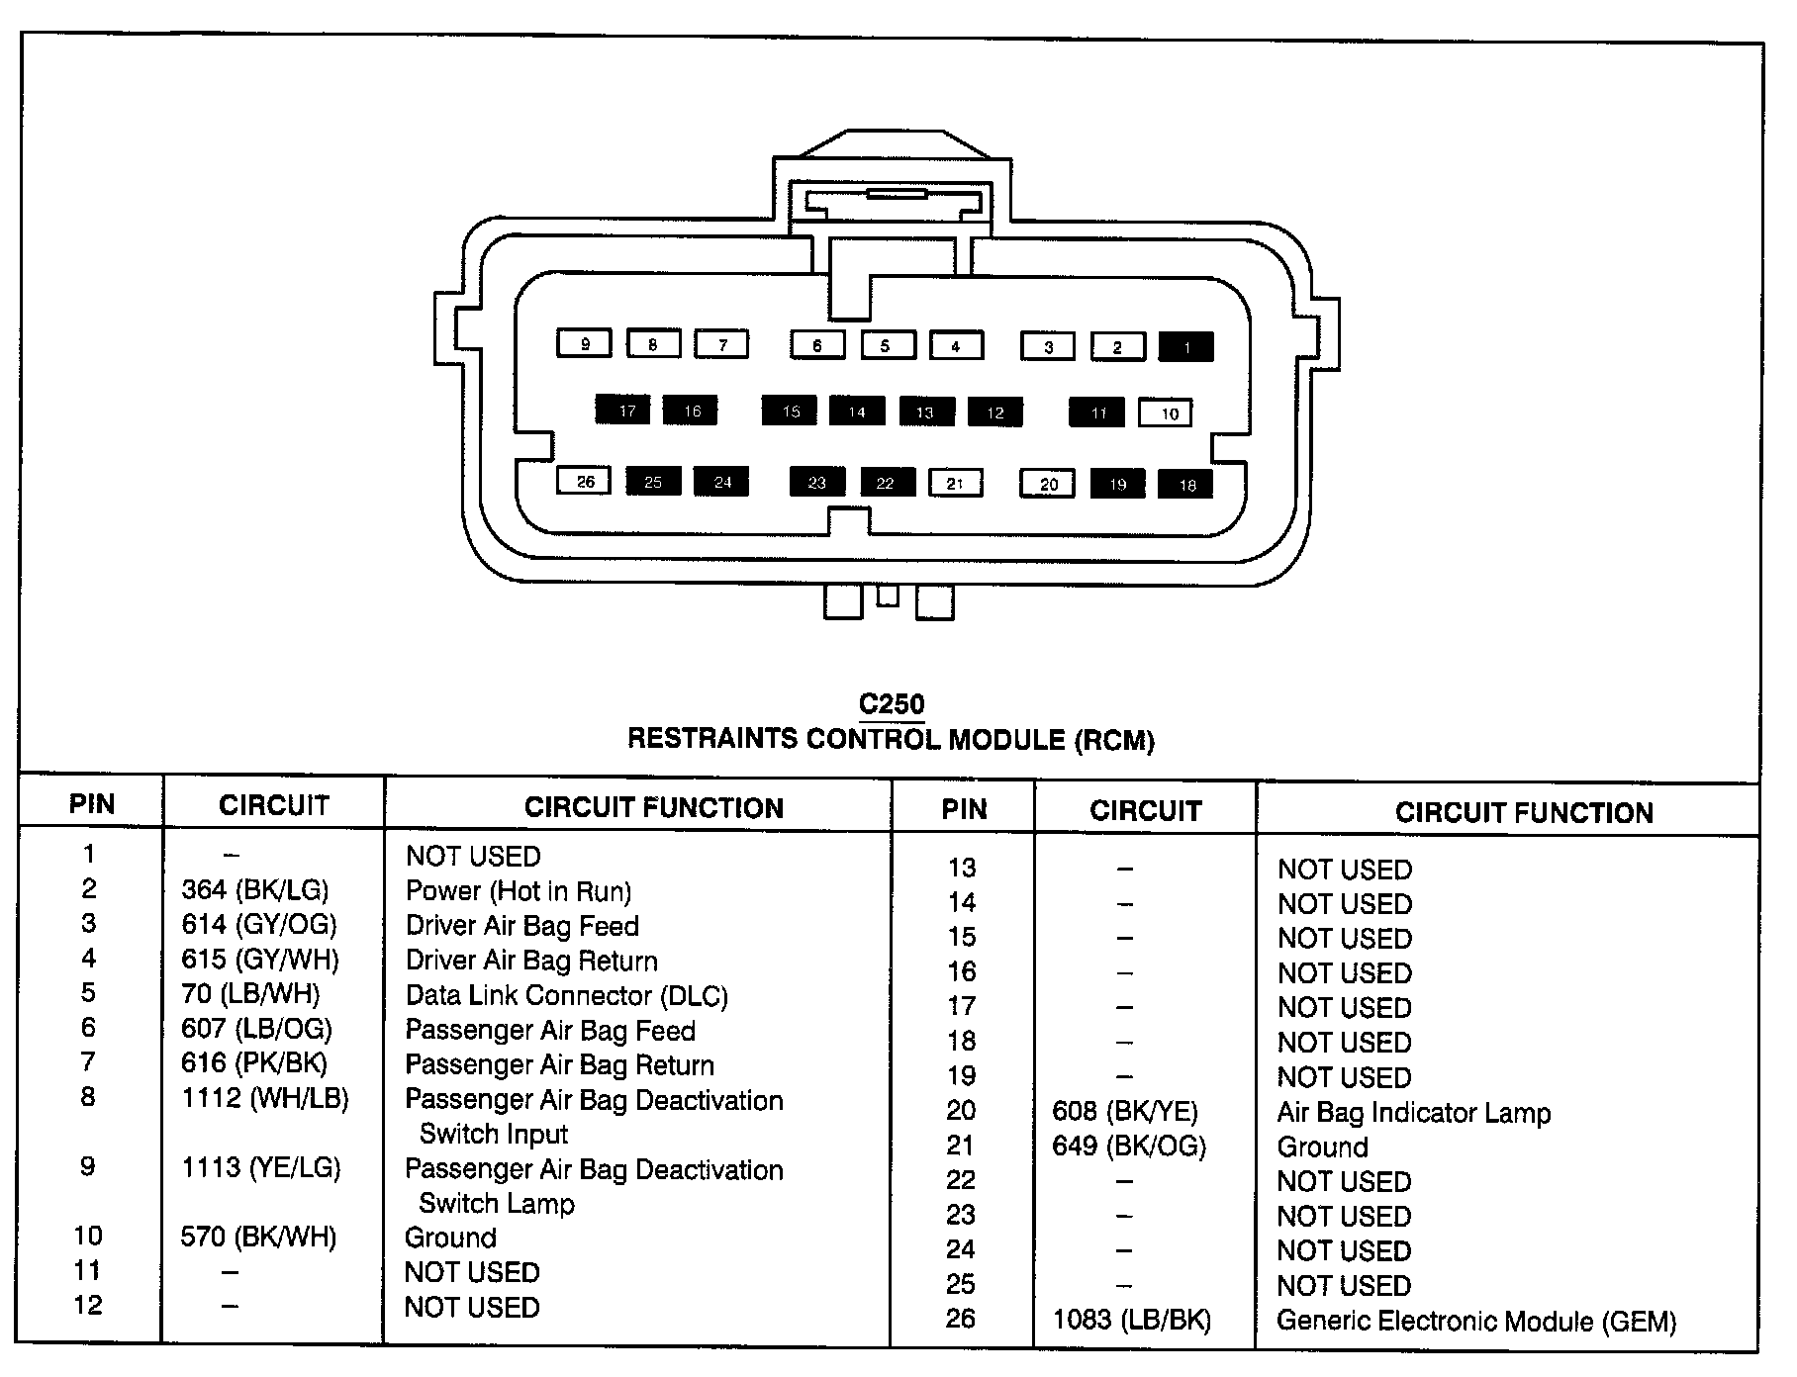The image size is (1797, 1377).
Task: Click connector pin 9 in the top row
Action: [x=585, y=343]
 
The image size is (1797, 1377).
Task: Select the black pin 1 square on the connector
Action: [x=1186, y=346]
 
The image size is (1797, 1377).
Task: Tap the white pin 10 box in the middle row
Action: [x=1166, y=413]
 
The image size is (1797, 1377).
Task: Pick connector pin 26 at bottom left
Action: [x=585, y=481]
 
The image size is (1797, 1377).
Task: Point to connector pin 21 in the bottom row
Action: [x=955, y=483]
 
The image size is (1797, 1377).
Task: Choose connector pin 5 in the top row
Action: [x=887, y=345]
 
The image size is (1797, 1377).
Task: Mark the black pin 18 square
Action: [x=1185, y=485]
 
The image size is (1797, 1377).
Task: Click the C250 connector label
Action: [x=892, y=704]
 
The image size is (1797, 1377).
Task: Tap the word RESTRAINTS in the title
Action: [x=712, y=739]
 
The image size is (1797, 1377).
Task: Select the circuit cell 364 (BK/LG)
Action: [x=255, y=890]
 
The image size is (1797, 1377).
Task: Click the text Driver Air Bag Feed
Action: [x=522, y=926]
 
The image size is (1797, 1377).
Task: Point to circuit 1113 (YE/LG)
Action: [x=261, y=1167]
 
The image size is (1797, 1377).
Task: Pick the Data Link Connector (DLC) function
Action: [x=567, y=995]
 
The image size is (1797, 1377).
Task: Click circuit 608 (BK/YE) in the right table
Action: [x=1125, y=1112]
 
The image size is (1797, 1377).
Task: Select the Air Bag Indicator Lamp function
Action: [x=1414, y=1113]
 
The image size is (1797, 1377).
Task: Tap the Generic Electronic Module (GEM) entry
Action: [x=1476, y=1322]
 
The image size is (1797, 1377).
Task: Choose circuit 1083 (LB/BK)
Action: [x=1132, y=1320]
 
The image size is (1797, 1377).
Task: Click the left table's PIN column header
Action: [x=91, y=803]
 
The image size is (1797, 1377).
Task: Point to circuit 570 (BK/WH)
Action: [x=258, y=1237]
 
